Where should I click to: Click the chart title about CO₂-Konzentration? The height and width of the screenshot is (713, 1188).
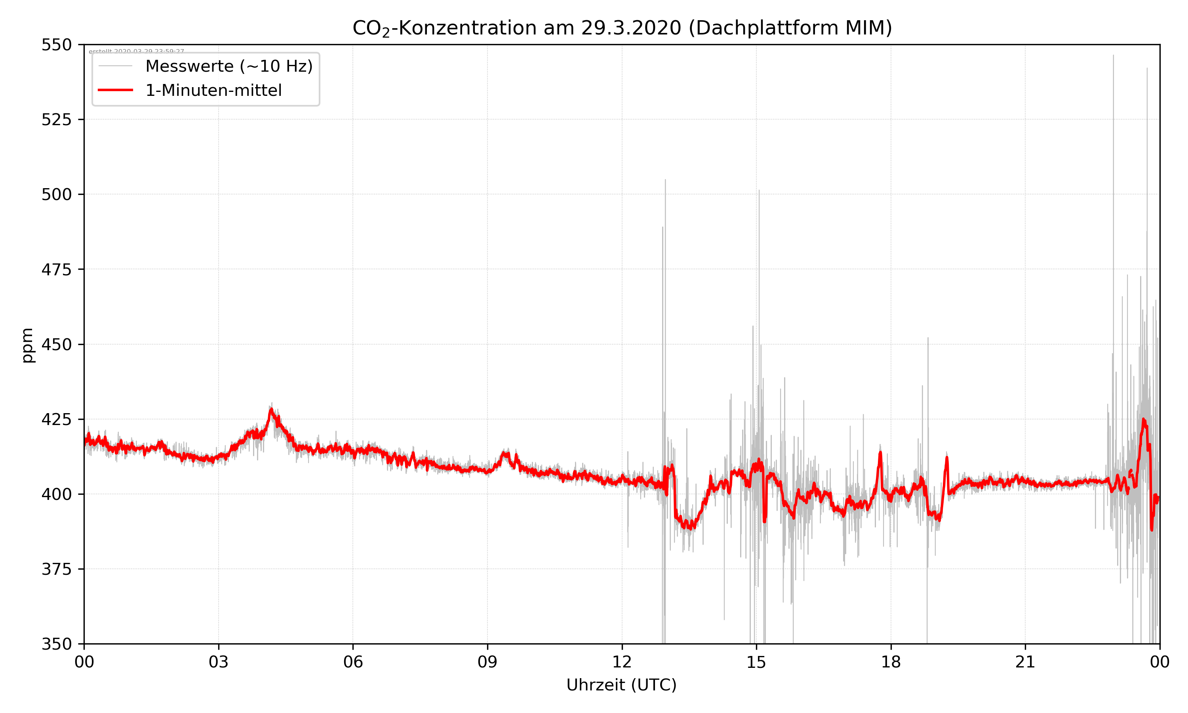point(622,28)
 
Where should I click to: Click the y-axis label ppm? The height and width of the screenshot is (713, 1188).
point(27,345)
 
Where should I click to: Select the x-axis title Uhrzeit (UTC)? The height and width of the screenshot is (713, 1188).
point(621,684)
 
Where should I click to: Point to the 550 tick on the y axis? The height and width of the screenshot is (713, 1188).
point(56,45)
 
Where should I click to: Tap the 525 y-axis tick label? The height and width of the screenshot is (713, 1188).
point(56,120)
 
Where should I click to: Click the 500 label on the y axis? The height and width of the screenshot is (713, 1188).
point(56,194)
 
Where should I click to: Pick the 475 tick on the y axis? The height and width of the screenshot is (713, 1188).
point(56,269)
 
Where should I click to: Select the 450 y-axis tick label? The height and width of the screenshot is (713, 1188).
point(56,345)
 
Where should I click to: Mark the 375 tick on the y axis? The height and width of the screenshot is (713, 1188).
point(56,569)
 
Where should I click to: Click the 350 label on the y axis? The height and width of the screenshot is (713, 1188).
point(56,644)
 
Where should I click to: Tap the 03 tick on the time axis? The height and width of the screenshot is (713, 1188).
point(219,662)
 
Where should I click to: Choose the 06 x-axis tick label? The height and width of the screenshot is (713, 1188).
point(353,662)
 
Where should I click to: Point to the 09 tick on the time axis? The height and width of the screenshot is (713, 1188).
point(487,662)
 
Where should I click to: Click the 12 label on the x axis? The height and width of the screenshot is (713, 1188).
point(622,662)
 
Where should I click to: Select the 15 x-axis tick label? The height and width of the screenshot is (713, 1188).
point(756,662)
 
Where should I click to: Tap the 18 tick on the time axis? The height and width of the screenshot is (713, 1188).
point(891,662)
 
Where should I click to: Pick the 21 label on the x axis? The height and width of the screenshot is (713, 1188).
point(1025,662)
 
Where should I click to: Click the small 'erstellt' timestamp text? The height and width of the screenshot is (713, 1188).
point(136,51)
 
